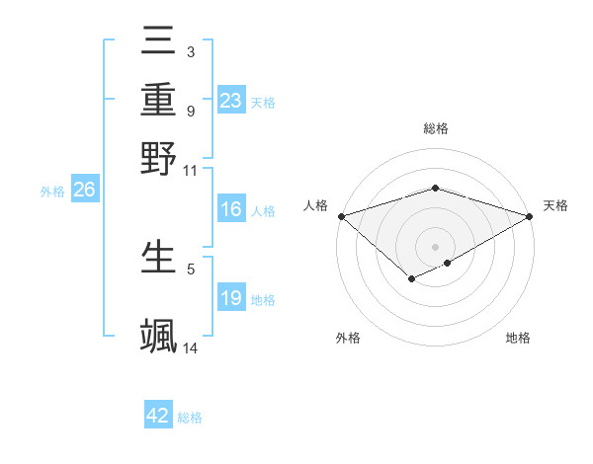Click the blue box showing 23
230,101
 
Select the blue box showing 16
230,209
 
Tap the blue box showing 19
230,298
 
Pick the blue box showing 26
84,192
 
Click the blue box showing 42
158,416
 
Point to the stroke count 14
191,348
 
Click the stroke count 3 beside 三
190,51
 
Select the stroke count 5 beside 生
190,268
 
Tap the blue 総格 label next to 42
190,418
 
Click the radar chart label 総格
436,128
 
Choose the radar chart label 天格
555,205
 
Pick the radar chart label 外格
348,338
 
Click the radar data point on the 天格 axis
531,215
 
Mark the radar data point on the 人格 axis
341,215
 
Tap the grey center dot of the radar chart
436,246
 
